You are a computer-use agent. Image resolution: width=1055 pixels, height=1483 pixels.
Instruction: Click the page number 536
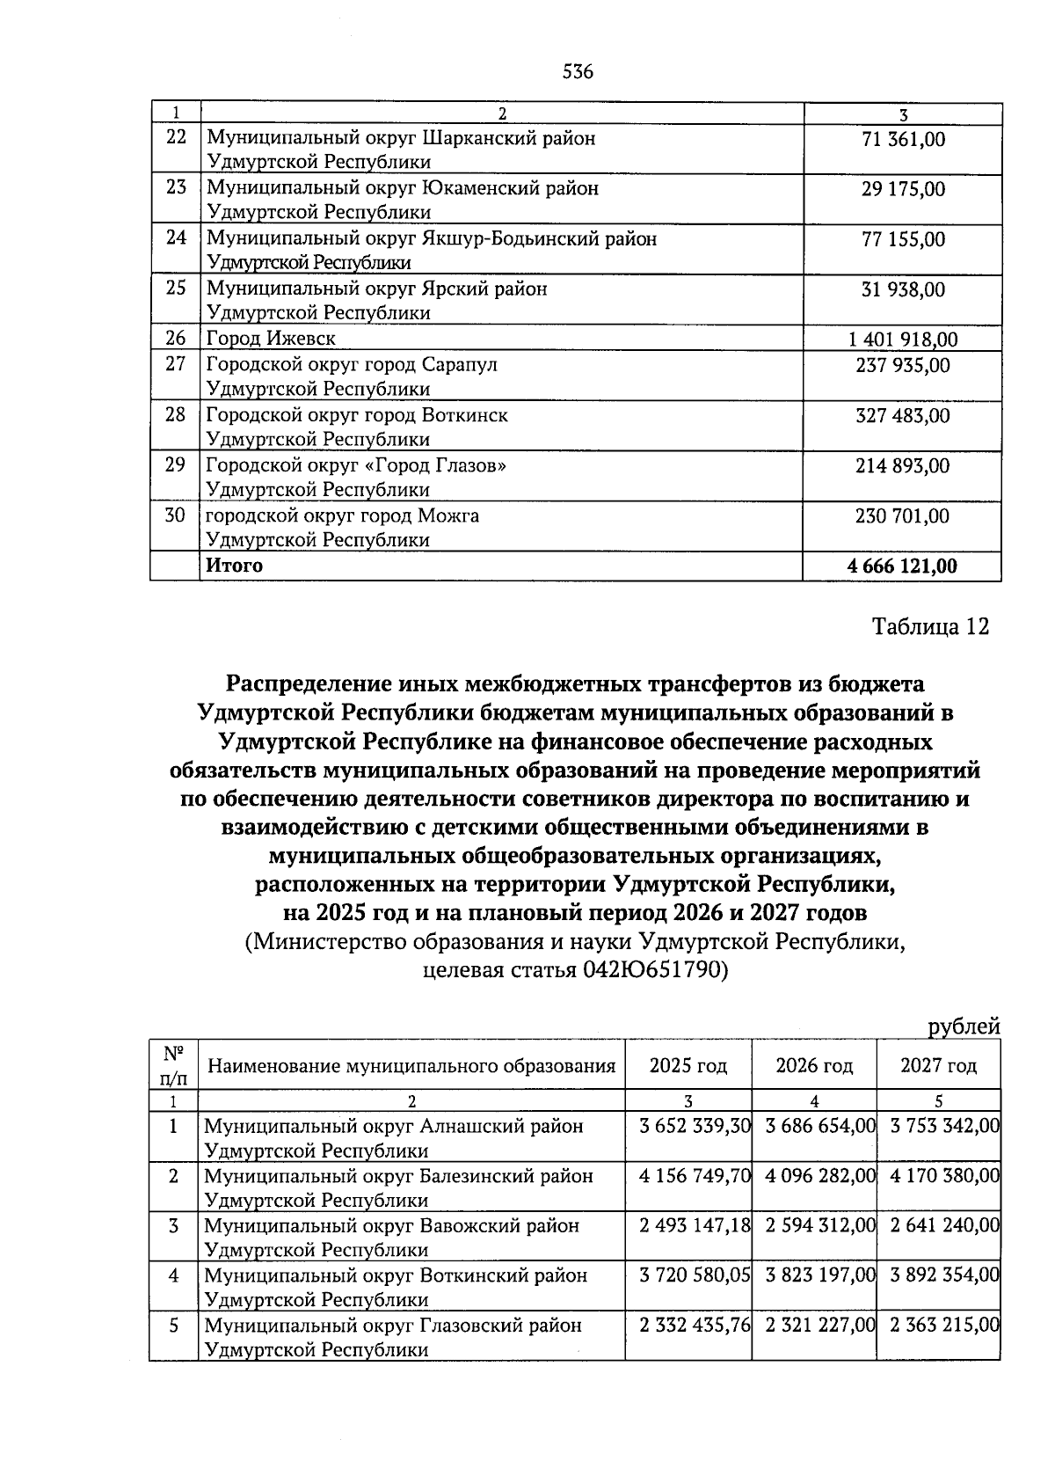coord(578,72)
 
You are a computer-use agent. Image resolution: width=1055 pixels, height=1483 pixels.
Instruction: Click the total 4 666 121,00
coord(902,566)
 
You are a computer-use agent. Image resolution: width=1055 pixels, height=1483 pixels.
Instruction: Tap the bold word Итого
coord(234,566)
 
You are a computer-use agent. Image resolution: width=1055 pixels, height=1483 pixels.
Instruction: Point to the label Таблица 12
coord(930,626)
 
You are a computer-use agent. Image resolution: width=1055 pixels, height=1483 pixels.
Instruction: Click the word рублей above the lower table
coord(964,1026)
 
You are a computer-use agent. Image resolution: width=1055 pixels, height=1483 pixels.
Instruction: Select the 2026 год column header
coord(814,1066)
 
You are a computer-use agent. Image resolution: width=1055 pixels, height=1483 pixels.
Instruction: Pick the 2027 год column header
coord(938,1066)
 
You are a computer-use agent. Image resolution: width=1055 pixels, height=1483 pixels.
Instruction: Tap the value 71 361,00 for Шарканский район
coord(903,139)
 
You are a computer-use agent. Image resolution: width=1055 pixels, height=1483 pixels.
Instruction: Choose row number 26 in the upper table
coord(175,339)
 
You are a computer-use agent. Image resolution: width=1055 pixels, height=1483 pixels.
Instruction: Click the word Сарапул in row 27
coord(459,364)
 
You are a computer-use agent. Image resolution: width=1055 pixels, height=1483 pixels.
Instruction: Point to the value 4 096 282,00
coord(814,1176)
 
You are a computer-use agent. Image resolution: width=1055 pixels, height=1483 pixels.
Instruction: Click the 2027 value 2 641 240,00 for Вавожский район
coord(939,1225)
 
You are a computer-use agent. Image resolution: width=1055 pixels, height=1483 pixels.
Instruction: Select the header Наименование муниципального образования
coord(411,1067)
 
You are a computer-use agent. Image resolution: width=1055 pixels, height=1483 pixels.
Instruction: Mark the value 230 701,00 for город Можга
coord(902,516)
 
